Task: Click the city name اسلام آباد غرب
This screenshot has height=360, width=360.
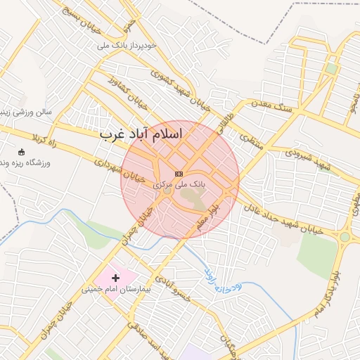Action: (x=141, y=133)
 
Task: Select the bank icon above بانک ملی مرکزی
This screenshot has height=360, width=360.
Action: (x=179, y=173)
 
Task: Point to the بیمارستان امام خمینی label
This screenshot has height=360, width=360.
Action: (x=117, y=289)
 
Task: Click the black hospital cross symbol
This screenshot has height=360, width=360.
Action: (x=116, y=278)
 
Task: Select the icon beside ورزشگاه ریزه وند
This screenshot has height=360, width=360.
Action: (x=21, y=152)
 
